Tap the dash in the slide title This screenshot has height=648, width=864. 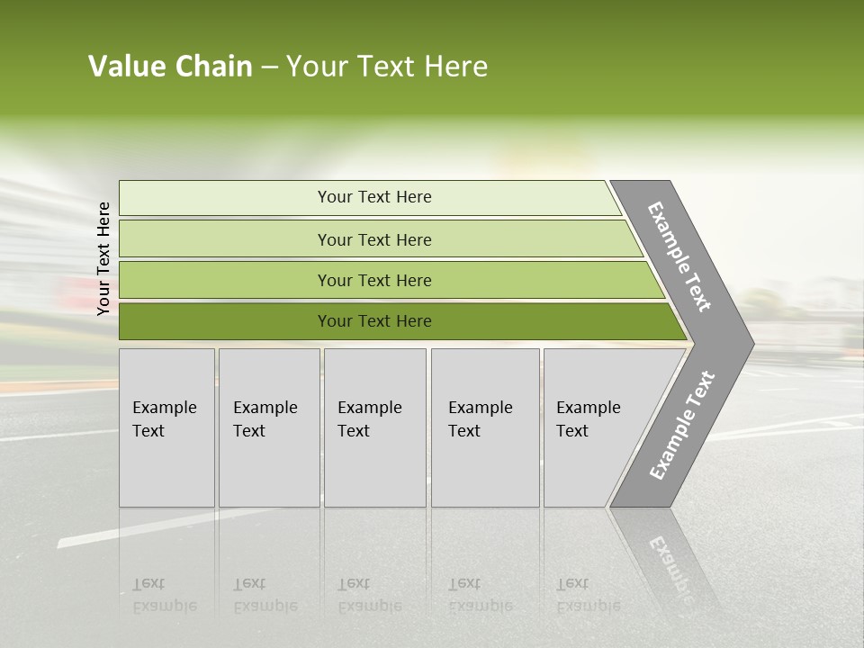click(269, 67)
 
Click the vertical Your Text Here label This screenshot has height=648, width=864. click(103, 258)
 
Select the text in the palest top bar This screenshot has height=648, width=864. click(374, 197)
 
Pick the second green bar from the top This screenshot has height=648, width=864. click(374, 239)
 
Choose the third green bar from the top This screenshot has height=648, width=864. click(374, 280)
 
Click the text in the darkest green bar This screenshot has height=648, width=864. click(374, 321)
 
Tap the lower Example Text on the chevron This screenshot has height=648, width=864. click(682, 425)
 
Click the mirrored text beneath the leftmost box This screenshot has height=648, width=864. click(165, 595)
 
